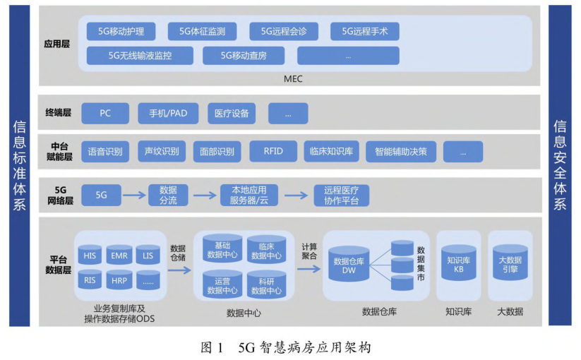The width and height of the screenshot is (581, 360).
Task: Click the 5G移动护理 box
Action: (121, 32)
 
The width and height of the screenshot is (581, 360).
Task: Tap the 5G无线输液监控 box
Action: (140, 55)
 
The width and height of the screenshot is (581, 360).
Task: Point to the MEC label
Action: (292, 79)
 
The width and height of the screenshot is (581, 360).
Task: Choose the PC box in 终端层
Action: (105, 113)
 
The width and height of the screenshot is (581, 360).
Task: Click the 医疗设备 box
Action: (232, 113)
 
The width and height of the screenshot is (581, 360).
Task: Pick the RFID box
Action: (273, 152)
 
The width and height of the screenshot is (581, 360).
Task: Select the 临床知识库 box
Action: (332, 152)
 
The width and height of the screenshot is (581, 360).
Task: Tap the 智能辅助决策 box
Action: (401, 152)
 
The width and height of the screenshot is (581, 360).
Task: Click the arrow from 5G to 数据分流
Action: (135, 195)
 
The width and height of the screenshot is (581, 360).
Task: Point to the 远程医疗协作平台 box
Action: (342, 195)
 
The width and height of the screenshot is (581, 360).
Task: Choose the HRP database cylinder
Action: (119, 280)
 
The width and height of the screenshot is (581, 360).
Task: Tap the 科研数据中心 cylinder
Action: (266, 284)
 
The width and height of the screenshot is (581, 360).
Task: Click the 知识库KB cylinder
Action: (458, 264)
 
